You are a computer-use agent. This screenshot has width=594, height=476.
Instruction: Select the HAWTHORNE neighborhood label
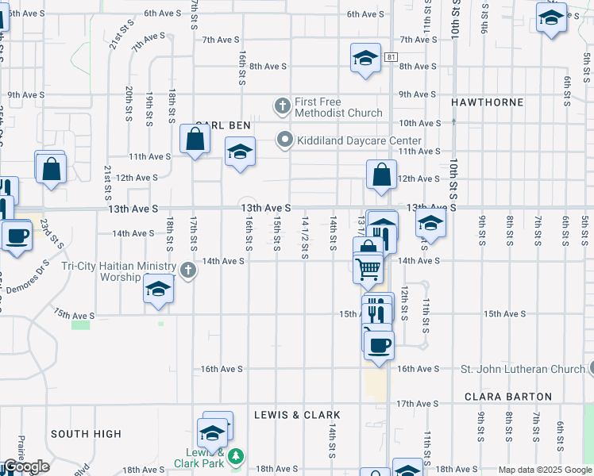coord(487,102)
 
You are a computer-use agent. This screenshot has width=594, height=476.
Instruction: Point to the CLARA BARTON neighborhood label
coord(507,396)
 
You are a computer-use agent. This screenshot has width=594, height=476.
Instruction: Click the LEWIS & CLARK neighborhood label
coord(297,415)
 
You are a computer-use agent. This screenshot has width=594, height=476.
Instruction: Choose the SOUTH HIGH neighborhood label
coord(86,434)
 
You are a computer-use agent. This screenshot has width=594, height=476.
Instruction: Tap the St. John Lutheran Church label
coord(523,369)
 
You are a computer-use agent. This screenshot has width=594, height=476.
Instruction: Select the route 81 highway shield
coord(391,57)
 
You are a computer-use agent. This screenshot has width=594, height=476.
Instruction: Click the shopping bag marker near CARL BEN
coord(195,140)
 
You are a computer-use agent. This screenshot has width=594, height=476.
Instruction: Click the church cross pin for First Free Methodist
coord(282,106)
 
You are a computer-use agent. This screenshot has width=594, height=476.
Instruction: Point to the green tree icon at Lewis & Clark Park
coord(236,456)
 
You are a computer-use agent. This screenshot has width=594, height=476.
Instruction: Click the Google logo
coord(25,467)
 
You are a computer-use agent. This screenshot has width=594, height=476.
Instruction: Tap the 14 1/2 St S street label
coord(305,239)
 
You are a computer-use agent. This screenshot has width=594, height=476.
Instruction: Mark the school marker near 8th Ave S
coord(365,58)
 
